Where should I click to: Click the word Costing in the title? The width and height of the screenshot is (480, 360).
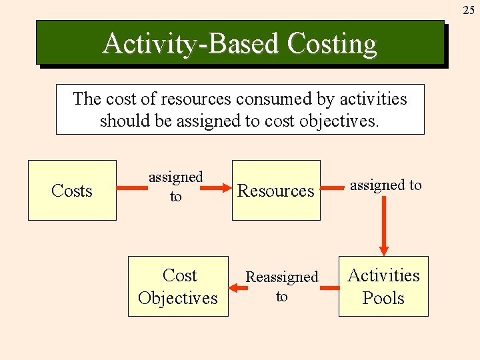(x=332, y=44)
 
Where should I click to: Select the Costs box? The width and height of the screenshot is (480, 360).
(x=72, y=191)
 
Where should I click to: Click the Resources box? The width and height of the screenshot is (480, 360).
(x=276, y=191)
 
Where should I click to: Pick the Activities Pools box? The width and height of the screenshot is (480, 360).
(x=383, y=287)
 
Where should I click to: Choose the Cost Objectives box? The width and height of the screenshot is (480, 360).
(x=178, y=287)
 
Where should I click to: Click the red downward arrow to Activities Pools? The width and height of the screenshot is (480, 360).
(x=384, y=227)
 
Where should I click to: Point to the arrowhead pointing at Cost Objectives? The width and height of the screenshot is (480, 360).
(x=235, y=287)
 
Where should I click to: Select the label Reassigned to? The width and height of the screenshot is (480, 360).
(x=282, y=287)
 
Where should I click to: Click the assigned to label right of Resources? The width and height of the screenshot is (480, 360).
(x=386, y=185)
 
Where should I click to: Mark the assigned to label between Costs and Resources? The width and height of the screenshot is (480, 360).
(x=175, y=187)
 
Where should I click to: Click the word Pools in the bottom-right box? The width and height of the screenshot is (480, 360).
(x=383, y=298)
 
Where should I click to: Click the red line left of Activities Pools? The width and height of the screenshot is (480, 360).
(x=329, y=287)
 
